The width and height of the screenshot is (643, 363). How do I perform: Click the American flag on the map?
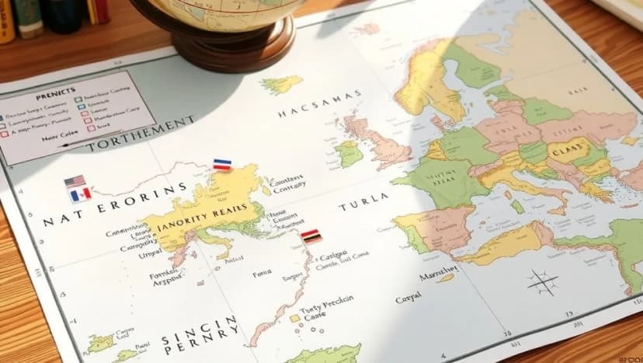(x=75, y=182)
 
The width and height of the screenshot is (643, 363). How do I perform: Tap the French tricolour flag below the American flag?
(x=80, y=194)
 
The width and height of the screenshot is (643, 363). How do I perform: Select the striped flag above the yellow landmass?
(x=222, y=165)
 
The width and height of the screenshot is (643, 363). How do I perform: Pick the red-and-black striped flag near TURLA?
(x=311, y=236)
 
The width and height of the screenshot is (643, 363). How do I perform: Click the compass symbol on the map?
(x=542, y=281)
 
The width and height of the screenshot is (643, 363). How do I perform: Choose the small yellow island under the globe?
(x=282, y=84)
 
